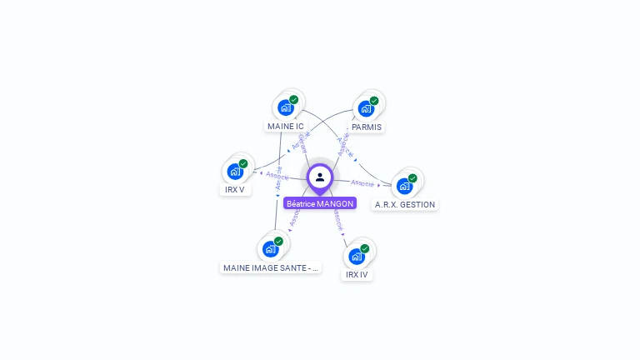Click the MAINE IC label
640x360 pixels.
(285, 127)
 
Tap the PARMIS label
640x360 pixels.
(367, 127)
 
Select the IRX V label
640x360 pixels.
(235, 189)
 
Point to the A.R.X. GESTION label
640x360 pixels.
(405, 204)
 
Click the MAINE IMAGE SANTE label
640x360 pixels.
(270, 268)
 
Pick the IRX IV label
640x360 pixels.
(357, 274)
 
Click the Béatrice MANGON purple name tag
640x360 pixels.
(320, 203)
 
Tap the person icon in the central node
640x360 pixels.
(320, 177)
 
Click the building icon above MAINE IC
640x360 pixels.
(285, 107)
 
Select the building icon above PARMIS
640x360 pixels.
(365, 108)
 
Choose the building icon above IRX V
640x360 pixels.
(234, 172)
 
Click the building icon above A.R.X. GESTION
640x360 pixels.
(404, 186)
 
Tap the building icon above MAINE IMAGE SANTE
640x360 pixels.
(270, 248)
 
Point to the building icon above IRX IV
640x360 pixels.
(356, 256)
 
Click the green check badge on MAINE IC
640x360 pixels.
(293, 100)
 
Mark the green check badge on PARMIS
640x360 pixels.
(374, 101)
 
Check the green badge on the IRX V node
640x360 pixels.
(243, 164)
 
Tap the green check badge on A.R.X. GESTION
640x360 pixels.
(412, 178)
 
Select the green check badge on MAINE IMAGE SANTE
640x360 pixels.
(278, 242)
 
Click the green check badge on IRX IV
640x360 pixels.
(364, 248)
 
